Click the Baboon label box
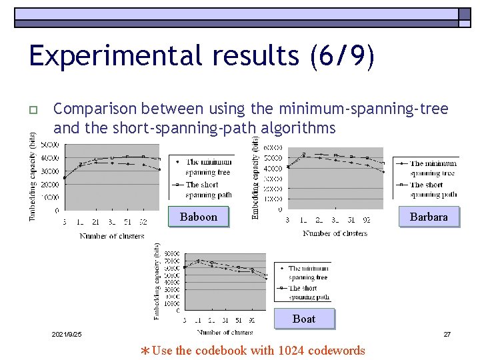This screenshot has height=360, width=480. (x=199, y=217)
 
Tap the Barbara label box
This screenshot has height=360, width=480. (x=429, y=217)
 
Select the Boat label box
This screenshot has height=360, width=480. (x=304, y=319)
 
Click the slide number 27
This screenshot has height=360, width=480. (x=447, y=334)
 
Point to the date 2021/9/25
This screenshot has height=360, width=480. (x=67, y=334)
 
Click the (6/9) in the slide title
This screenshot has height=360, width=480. (x=342, y=56)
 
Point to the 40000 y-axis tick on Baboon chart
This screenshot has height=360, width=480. (x=49, y=158)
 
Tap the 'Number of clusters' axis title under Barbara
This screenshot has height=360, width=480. (x=335, y=233)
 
